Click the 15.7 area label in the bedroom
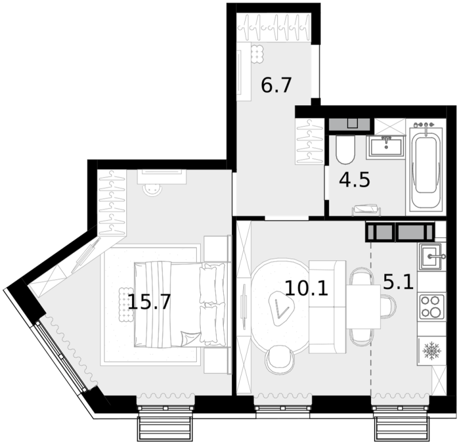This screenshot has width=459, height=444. click(x=149, y=302)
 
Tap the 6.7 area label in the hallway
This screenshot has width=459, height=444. click(x=277, y=85)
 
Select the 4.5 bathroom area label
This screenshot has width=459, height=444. click(x=355, y=180)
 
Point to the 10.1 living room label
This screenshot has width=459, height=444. click(x=306, y=288)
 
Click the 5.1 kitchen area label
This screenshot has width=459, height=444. click(x=398, y=281)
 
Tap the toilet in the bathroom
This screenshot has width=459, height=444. click(x=345, y=149)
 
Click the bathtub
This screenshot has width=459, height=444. click(x=426, y=168)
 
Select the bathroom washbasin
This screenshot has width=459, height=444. click(x=386, y=146)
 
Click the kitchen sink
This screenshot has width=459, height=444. click(x=431, y=257)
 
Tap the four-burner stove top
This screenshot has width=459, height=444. click(x=432, y=307)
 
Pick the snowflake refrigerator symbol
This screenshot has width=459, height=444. click(x=432, y=351)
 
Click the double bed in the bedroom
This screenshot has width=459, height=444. click(x=180, y=305)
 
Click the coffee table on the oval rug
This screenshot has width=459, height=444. click(x=281, y=308)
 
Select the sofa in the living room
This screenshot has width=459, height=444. click(x=328, y=307)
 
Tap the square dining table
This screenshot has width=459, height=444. click(x=364, y=307)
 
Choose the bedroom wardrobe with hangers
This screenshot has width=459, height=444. click(x=112, y=202)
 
